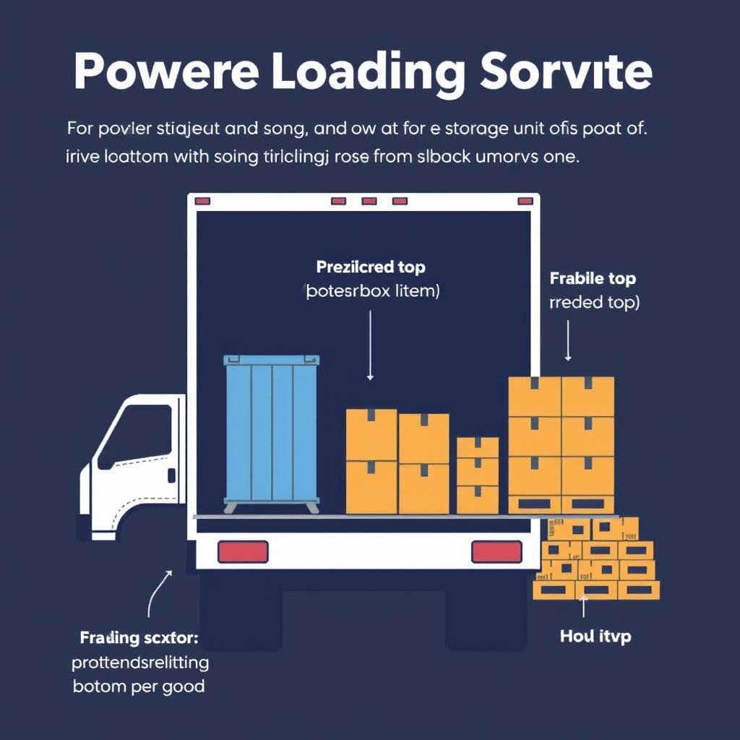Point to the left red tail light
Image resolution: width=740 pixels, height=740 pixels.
pyautogui.click(x=243, y=551)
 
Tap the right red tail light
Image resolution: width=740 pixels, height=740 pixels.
pyautogui.click(x=496, y=551)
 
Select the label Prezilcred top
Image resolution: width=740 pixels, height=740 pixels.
pyautogui.click(x=371, y=267)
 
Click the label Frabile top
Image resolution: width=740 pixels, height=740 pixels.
pyautogui.click(x=593, y=278)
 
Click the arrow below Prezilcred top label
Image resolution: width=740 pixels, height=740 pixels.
pyautogui.click(x=370, y=345)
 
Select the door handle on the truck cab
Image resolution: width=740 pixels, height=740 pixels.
pyautogui.click(x=171, y=475)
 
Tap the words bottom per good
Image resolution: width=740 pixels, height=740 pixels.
pyautogui.click(x=139, y=685)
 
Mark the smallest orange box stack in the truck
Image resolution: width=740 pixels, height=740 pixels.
pyautogui.click(x=478, y=475)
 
